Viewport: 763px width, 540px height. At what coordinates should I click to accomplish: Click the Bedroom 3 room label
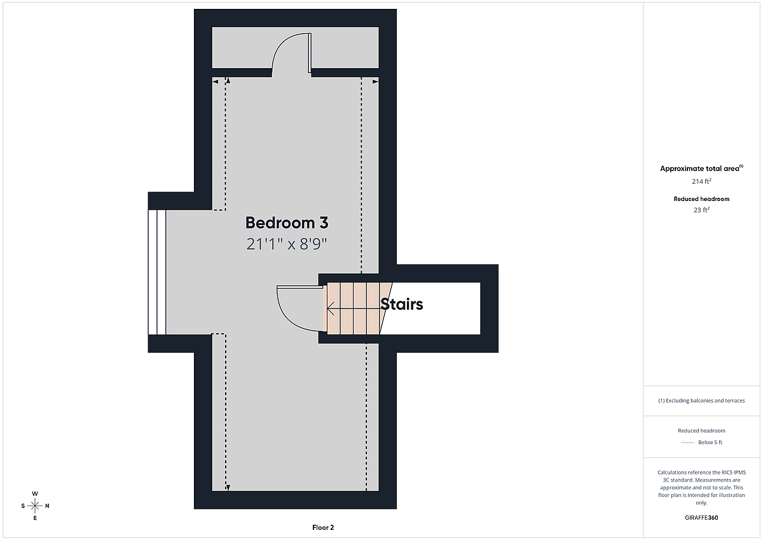tap(287, 223)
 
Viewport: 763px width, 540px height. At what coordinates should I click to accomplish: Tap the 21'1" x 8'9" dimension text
tap(287, 244)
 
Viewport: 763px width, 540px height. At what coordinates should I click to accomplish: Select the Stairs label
tap(402, 304)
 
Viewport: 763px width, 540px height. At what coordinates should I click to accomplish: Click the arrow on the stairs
tap(354, 308)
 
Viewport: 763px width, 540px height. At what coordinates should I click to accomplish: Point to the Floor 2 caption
tap(323, 527)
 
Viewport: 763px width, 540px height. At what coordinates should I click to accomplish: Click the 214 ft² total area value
tap(701, 181)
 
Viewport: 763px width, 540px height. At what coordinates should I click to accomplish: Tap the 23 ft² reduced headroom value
tap(701, 210)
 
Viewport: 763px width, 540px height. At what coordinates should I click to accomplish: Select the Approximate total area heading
tap(701, 169)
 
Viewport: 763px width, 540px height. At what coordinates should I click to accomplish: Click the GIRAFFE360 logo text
tap(701, 518)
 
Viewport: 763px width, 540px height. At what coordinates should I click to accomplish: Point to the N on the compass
tap(47, 506)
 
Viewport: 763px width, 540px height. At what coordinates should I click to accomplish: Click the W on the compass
tap(35, 494)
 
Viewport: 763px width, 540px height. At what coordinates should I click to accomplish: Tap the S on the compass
tap(23, 506)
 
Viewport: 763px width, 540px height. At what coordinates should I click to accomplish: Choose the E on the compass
tap(35, 518)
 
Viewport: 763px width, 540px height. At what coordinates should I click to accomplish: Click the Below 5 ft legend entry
tap(710, 442)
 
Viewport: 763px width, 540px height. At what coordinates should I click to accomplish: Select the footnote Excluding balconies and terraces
tap(701, 401)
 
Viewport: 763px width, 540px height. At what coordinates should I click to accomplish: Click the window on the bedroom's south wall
tap(157, 272)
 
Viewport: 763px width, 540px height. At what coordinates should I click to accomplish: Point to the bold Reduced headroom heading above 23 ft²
tap(701, 199)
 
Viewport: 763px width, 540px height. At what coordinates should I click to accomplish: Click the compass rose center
tap(35, 506)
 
